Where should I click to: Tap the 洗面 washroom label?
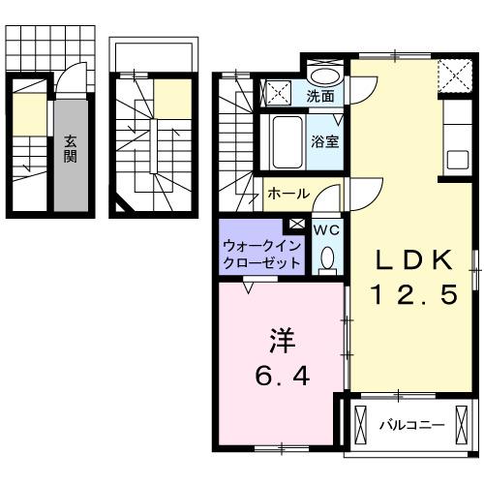pyautogui.click(x=320, y=97)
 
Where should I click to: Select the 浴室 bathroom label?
pyautogui.click(x=324, y=140)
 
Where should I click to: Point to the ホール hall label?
pyautogui.click(x=287, y=194)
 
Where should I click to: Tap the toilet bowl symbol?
pyautogui.click(x=326, y=257)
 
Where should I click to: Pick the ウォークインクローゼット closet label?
pyautogui.click(x=259, y=255)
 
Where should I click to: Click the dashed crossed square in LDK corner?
pyautogui.click(x=449, y=73)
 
